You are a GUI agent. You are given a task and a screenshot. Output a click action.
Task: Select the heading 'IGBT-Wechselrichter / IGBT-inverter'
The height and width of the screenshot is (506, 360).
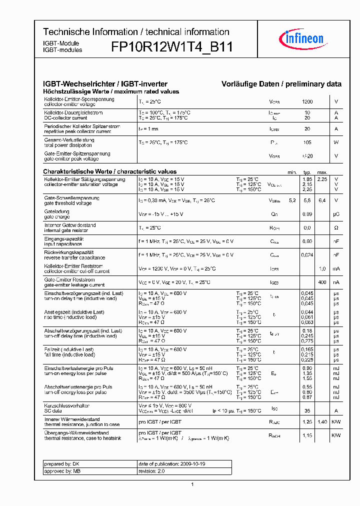(105, 84)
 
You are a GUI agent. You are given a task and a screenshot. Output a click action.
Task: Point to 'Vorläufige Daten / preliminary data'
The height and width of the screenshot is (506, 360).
(281, 84)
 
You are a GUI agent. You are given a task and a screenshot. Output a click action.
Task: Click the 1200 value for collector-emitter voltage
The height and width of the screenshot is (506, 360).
(307, 101)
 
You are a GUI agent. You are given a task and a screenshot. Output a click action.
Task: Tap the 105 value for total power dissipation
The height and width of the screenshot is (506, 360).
(307, 142)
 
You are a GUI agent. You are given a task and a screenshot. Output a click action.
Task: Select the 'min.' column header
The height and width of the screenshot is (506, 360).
(292, 172)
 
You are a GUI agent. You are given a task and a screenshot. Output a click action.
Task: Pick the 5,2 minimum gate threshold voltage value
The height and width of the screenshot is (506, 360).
(292, 200)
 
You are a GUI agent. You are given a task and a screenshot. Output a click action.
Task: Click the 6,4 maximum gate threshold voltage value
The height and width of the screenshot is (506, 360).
(322, 200)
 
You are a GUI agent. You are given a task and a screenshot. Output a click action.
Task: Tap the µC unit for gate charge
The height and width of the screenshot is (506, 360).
(336, 214)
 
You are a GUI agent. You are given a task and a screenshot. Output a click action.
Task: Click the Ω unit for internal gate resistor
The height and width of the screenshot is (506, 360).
(336, 227)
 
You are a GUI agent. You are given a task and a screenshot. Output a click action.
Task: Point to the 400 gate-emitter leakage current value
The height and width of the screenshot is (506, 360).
(322, 282)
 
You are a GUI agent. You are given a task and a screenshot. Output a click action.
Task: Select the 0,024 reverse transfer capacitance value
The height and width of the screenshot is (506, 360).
(307, 255)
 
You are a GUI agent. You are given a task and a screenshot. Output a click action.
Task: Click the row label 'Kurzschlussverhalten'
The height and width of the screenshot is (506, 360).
(67, 405)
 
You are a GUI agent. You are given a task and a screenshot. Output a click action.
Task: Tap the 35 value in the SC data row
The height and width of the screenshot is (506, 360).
(307, 408)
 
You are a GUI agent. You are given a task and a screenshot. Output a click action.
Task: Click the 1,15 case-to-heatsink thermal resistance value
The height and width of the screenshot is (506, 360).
(307, 435)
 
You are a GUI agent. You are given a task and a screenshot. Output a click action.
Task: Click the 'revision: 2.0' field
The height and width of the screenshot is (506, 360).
(151, 471)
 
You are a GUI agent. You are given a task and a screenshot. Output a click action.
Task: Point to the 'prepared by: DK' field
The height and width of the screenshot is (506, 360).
(58, 464)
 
